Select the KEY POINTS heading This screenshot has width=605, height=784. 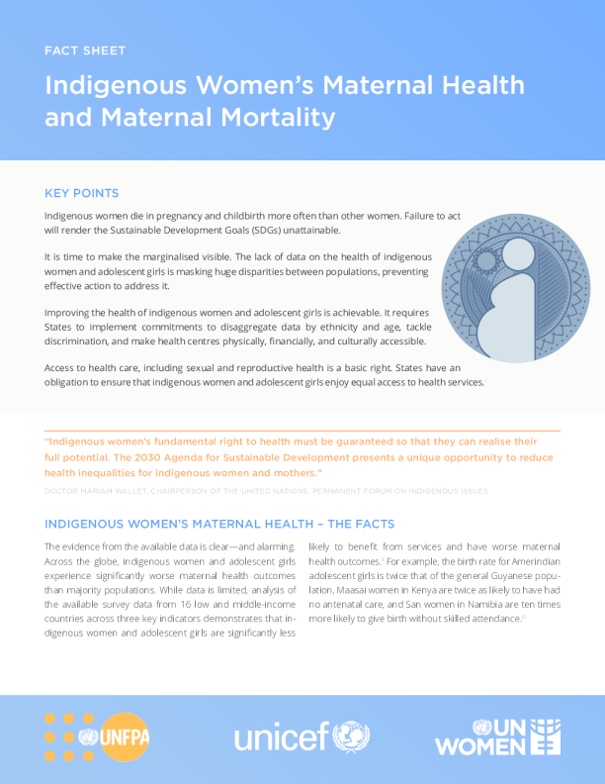(x=82, y=192)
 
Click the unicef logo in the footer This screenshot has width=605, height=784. (x=302, y=736)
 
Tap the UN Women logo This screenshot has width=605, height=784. (x=498, y=737)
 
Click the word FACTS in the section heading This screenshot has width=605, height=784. (x=367, y=523)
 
